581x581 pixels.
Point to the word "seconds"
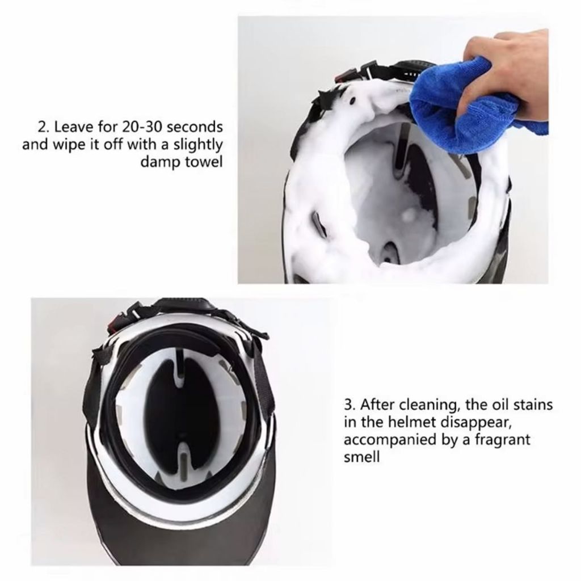(x=195, y=127)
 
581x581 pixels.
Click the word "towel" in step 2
(x=204, y=162)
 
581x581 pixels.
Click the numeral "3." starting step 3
(x=350, y=404)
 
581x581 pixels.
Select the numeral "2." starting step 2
(x=44, y=127)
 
